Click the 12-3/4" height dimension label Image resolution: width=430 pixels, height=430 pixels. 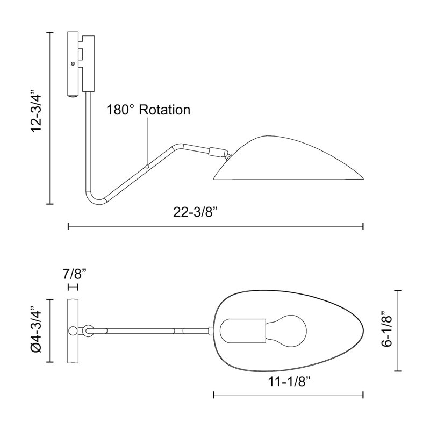[37, 110]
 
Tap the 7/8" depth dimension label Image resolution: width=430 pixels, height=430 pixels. [75, 274]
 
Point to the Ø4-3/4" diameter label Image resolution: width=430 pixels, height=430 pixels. [36, 329]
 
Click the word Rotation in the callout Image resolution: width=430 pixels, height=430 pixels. [164, 110]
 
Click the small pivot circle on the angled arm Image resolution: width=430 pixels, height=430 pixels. [147, 166]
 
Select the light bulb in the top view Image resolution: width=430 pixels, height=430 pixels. [286, 331]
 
